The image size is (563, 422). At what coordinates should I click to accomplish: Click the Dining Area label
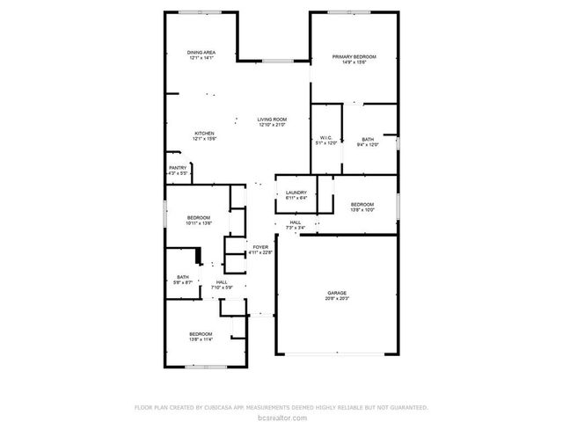(201, 53)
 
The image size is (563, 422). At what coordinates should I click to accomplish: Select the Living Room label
(272, 120)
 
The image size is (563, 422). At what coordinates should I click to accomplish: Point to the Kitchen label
(204, 134)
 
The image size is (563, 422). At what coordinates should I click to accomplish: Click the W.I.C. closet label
(325, 138)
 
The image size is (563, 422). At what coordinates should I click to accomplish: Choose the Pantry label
(178, 168)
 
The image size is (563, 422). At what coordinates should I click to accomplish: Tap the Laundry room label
(296, 192)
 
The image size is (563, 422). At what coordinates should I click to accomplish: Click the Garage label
(337, 294)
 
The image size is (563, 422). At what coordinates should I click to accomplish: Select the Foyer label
(260, 247)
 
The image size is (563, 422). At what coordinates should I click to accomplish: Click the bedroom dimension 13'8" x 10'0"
(362, 209)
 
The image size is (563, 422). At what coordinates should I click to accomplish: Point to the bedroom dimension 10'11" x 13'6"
(199, 223)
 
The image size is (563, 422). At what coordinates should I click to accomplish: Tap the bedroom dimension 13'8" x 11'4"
(201, 339)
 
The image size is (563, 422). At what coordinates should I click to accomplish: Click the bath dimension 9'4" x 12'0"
(368, 145)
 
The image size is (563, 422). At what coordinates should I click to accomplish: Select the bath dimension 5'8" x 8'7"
(183, 282)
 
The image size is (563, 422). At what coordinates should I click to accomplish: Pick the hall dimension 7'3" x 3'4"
(296, 229)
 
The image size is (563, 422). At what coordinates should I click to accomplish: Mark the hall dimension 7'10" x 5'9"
(222, 287)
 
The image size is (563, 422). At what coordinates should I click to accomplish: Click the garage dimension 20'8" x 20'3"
(337, 299)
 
